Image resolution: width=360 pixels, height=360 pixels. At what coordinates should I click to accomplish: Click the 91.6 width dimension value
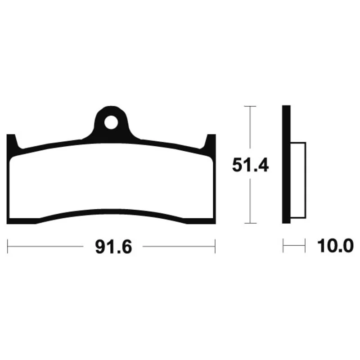click(114, 247)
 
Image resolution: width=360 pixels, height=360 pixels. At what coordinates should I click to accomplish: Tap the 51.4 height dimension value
click(250, 165)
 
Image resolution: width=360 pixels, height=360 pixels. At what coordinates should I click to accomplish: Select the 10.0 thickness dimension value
click(335, 246)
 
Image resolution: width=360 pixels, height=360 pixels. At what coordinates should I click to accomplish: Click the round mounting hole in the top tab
click(111, 122)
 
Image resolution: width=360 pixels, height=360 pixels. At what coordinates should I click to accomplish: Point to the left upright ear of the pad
click(12, 142)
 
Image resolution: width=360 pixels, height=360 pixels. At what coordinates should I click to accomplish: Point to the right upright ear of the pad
click(211, 142)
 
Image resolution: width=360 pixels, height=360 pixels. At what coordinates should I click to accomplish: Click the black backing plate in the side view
click(286, 164)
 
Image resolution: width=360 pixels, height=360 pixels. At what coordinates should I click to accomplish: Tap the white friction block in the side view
click(298, 180)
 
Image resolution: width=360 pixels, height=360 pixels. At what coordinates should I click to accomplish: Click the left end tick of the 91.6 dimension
click(8, 246)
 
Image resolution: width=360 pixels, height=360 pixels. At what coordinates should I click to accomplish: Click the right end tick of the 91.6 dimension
click(215, 246)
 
